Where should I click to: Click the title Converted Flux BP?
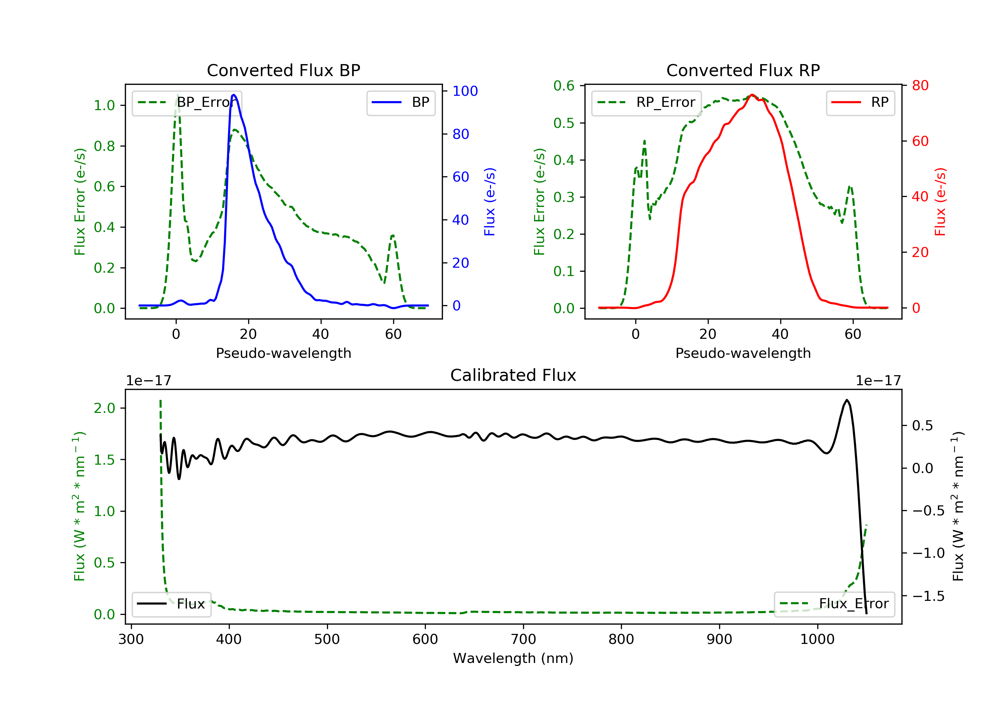[x=283, y=70]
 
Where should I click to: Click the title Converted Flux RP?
[x=743, y=70]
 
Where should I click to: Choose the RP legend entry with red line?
[x=860, y=102]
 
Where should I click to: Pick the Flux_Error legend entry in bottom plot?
[x=834, y=604]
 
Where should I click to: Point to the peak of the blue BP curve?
[x=234, y=95]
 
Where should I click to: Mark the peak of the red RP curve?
[x=752, y=95]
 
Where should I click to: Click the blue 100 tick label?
[x=465, y=91]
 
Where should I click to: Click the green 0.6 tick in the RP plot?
[x=564, y=86]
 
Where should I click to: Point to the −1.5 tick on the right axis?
[x=928, y=596]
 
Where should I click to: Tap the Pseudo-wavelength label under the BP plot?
[x=283, y=353]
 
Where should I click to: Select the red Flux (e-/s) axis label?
[x=940, y=202]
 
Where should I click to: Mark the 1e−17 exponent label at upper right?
[x=878, y=381]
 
